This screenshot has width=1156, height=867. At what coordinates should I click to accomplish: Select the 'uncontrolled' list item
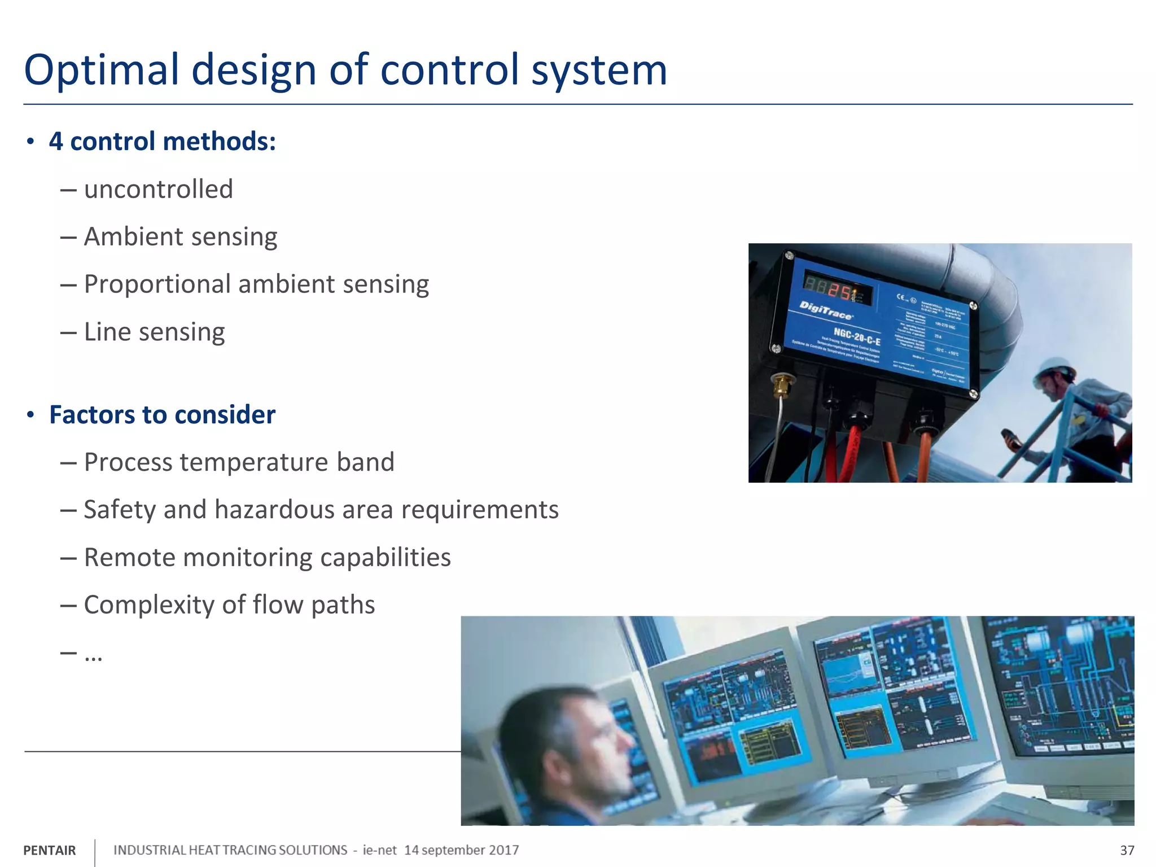[158, 189]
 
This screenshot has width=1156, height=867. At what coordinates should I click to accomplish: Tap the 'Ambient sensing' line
[181, 237]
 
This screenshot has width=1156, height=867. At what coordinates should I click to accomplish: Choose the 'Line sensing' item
[154, 332]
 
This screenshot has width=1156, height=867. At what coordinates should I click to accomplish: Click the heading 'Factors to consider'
[162, 415]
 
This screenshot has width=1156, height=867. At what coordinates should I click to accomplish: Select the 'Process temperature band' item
[239, 462]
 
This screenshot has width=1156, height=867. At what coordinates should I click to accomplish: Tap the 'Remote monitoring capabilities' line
[267, 558]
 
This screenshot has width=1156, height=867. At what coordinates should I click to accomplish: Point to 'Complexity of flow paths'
[229, 605]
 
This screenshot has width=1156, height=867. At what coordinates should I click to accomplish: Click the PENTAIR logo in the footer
[50, 851]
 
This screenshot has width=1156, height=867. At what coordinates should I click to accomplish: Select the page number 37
[1127, 851]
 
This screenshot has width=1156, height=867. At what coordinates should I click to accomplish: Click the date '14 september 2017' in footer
[461, 850]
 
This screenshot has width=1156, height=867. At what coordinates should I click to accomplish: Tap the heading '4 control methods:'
[162, 141]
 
